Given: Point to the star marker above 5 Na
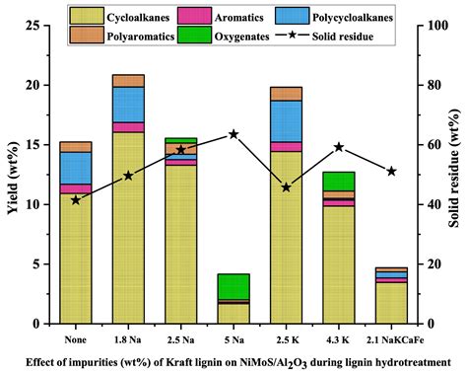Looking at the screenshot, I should click(x=233, y=133).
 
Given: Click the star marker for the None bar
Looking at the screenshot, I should click(x=76, y=200).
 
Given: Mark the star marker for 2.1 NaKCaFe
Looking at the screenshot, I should click(x=392, y=171).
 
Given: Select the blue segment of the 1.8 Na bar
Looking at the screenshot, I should click(x=128, y=105).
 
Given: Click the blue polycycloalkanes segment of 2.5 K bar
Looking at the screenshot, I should click(x=286, y=121).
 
